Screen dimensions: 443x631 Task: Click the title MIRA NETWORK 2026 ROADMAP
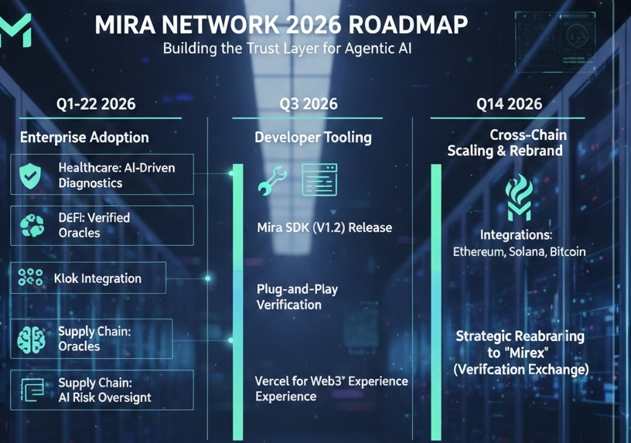coord(281,25)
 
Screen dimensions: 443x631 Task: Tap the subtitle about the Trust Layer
coord(292,49)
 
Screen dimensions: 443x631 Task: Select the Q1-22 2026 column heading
coord(96,104)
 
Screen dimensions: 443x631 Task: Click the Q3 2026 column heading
coord(309,104)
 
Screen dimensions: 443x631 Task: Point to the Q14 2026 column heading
coord(509,104)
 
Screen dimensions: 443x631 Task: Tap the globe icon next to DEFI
coord(31,225)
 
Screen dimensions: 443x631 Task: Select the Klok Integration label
coord(97,278)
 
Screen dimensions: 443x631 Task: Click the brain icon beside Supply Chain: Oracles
coord(31,339)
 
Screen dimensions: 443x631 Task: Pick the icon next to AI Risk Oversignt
coord(30,390)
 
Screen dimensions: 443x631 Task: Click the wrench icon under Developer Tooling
coord(273,181)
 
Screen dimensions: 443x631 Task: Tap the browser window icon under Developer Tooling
coord(320,181)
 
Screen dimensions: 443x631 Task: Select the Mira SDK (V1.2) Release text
coord(324,228)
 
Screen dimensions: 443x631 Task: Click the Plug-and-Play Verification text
coord(297,297)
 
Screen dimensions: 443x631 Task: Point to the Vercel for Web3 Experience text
coord(331,388)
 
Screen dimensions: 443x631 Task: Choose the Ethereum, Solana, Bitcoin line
coord(519,252)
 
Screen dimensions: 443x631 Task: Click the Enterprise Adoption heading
coord(84,138)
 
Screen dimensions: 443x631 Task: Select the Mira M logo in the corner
coord(15,30)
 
